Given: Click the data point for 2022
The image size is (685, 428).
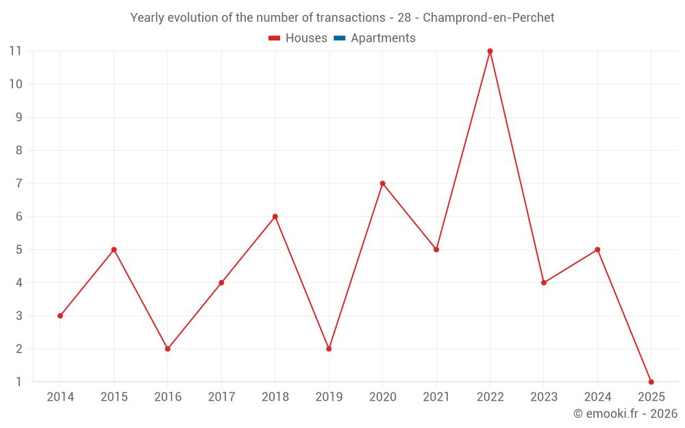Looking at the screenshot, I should pyautogui.click(x=490, y=51).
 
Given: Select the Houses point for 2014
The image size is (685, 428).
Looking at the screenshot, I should pyautogui.click(x=60, y=316).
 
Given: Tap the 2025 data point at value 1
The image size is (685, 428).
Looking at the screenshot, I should pyautogui.click(x=651, y=381).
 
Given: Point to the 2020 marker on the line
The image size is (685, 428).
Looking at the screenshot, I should pyautogui.click(x=382, y=184).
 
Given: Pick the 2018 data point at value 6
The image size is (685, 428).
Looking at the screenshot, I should pyautogui.click(x=275, y=216).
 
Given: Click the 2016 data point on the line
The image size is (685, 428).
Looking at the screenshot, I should pyautogui.click(x=168, y=349).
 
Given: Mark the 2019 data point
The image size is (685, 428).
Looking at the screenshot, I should pyautogui.click(x=329, y=349).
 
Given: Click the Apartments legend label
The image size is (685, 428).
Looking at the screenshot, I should pyautogui.click(x=383, y=38).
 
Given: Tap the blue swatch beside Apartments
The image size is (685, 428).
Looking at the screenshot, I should pyautogui.click(x=339, y=38).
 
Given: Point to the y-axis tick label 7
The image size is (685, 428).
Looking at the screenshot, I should pyautogui.click(x=18, y=184).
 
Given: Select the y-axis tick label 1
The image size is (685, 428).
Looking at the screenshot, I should pyautogui.click(x=18, y=381).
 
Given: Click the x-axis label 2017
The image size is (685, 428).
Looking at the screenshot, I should pyautogui.click(x=221, y=397).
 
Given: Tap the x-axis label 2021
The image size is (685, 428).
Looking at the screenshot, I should pyautogui.click(x=436, y=397).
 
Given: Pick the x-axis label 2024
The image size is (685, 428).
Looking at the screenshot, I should pyautogui.click(x=597, y=397).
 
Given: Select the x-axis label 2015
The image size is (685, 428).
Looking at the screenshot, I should pyautogui.click(x=114, y=397).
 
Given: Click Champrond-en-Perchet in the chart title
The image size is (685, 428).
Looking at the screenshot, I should pyautogui.click(x=488, y=18).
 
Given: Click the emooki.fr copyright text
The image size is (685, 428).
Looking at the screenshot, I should pyautogui.click(x=625, y=414).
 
